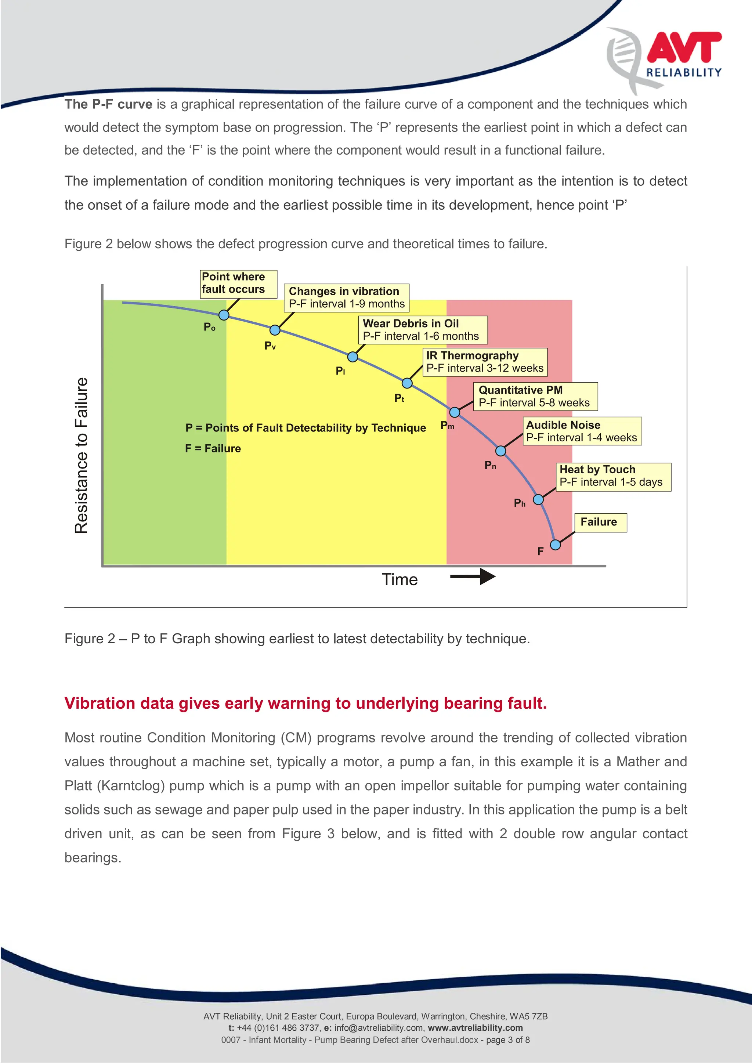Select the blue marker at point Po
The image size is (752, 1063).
click(224, 315)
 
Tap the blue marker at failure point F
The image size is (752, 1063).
click(555, 545)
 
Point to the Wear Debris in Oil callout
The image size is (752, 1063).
click(422, 330)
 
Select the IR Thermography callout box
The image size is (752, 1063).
click(485, 362)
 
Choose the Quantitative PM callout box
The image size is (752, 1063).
click(535, 396)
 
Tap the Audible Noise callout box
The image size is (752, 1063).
click(582, 431)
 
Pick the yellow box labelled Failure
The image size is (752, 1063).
click(600, 522)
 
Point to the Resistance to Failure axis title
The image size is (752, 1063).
click(81, 456)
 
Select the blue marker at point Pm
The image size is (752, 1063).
click(455, 412)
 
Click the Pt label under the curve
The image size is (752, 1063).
click(399, 398)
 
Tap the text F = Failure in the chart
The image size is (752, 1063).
click(213, 448)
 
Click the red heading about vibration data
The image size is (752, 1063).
click(305, 703)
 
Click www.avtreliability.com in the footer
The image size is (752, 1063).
click(475, 1028)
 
